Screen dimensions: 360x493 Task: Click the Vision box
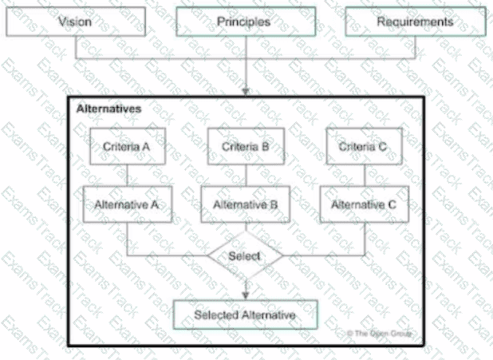(x=76, y=22)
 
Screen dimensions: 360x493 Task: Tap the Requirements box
(x=415, y=22)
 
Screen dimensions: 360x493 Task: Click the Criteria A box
(x=127, y=147)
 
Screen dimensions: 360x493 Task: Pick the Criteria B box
(x=246, y=147)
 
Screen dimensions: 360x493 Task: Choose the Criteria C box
(x=364, y=147)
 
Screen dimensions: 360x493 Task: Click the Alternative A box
(x=127, y=205)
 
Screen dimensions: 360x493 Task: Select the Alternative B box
(x=246, y=205)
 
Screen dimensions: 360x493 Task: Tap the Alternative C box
(x=364, y=205)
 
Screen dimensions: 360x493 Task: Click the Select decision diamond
(x=245, y=256)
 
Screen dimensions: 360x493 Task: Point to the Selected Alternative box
(x=245, y=315)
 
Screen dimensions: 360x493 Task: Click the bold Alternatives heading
(x=109, y=107)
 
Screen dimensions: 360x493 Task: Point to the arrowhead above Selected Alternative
(x=246, y=295)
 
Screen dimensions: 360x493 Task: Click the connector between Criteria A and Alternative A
(x=127, y=176)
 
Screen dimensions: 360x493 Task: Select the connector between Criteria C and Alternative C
(x=364, y=176)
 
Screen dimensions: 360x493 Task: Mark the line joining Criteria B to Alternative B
(x=246, y=176)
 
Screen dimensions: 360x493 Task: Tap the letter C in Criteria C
(x=384, y=147)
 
